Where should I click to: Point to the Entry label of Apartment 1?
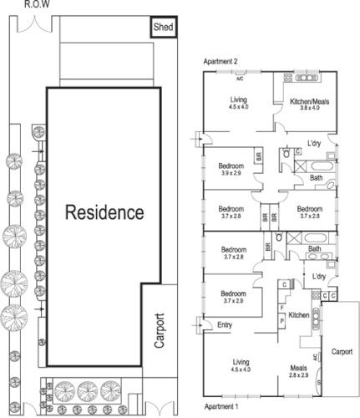[225, 324]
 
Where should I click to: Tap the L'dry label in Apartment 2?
[315, 144]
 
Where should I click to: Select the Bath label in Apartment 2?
[315, 177]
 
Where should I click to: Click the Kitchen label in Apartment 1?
[299, 315]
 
